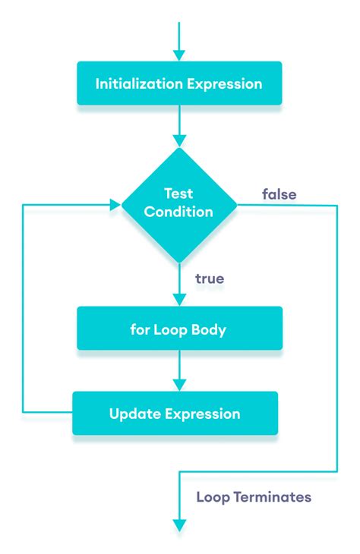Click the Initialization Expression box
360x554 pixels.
pos(179,83)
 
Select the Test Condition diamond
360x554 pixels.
pos(179,203)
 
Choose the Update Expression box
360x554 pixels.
pos(175,414)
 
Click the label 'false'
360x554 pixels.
pos(279,194)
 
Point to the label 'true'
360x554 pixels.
pos(210,279)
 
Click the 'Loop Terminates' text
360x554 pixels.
pos(254,498)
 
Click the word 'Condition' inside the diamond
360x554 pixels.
pos(179,212)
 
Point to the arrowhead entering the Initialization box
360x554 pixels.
pos(179,55)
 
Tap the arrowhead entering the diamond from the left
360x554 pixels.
pos(115,203)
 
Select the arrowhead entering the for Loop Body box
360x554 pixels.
pos(179,300)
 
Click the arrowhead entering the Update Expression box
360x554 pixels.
pos(179,385)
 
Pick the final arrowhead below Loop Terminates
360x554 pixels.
pos(179,525)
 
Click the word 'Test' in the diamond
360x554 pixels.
pos(179,194)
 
